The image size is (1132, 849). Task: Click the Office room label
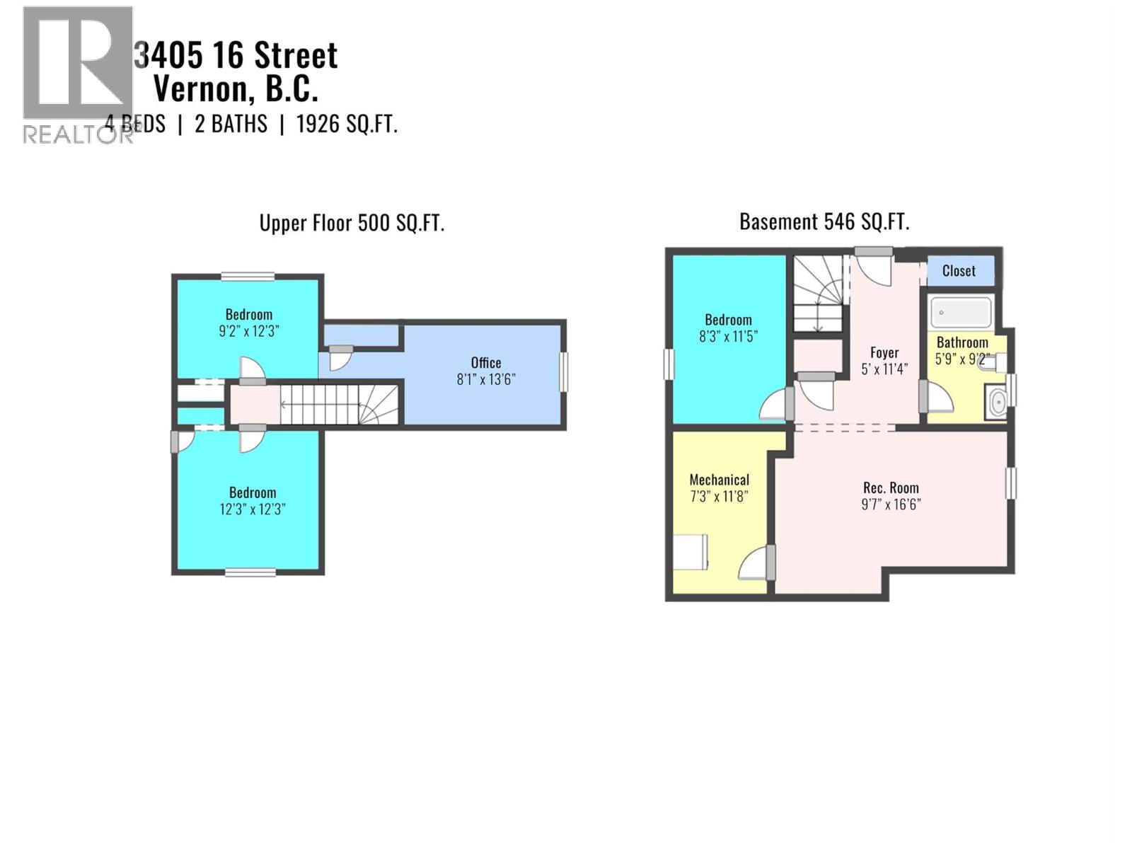486,362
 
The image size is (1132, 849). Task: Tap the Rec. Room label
891,487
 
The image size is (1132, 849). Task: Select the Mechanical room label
719,480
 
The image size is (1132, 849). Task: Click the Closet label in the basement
959,271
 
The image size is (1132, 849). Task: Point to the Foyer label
884,352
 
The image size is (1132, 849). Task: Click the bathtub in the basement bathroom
961,312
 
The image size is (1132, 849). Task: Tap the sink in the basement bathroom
998,402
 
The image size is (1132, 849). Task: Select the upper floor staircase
340,404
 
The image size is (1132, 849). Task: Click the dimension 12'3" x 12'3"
253,509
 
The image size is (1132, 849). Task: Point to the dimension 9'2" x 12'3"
249,331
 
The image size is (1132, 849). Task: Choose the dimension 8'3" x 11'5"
728,337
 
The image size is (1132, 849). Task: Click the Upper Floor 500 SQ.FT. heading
352,224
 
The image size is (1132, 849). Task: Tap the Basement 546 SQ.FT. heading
824,222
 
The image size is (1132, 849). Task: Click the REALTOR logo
77,74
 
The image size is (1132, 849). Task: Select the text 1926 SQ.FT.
347,125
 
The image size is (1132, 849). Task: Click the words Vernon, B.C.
236,89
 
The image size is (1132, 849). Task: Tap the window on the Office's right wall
564,371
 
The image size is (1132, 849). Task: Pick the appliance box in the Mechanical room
690,552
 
